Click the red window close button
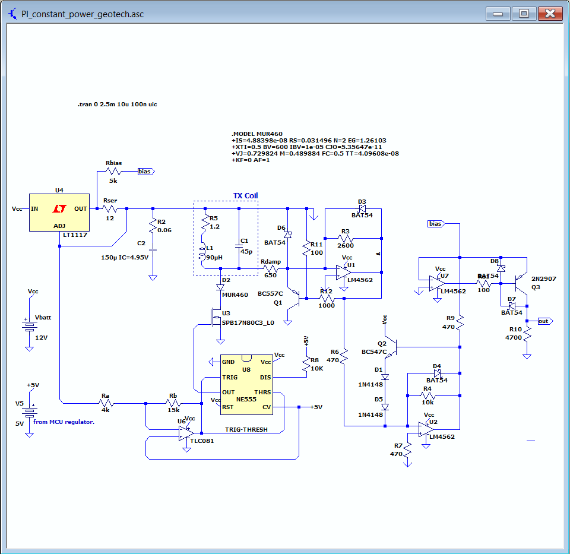(551, 14)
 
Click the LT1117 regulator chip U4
(59, 212)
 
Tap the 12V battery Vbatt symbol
(27, 325)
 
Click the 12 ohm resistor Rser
(110, 209)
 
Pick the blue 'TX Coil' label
(245, 196)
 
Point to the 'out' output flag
(544, 321)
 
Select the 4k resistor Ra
(106, 404)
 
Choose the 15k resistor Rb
(173, 404)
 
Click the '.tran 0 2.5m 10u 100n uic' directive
(117, 104)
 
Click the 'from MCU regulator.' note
(64, 422)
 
